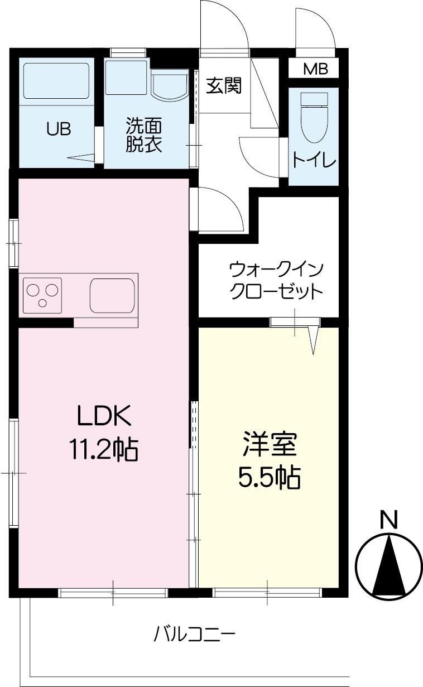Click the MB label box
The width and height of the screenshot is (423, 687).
coord(316,69)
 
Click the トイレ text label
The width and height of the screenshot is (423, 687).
coord(314,160)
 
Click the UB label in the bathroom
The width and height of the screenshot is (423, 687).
coord(58,129)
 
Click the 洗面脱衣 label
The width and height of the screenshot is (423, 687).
coord(143,135)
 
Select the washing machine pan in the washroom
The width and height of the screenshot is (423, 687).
coord(126,76)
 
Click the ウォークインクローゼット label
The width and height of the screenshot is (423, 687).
coord(276,281)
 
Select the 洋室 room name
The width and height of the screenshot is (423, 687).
coord(270,445)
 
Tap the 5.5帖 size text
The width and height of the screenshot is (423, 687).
coord(270,477)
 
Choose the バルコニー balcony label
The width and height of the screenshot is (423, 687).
coord(195,635)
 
